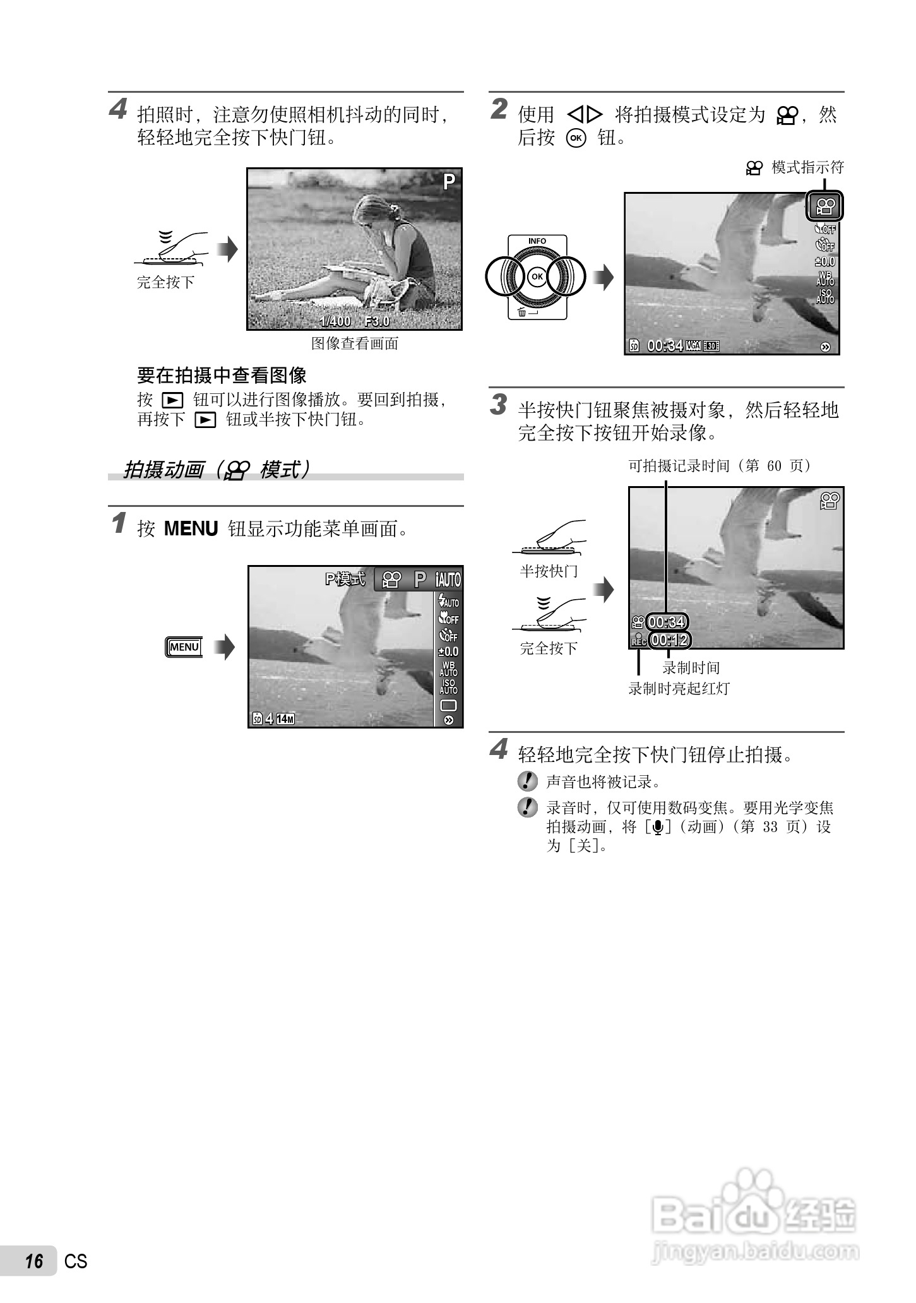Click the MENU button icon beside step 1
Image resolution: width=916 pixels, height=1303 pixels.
tap(184, 647)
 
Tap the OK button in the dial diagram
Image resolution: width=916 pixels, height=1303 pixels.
tap(537, 277)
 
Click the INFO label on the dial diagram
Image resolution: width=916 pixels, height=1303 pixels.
tap(537, 241)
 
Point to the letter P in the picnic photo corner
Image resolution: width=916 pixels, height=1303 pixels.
tap(449, 182)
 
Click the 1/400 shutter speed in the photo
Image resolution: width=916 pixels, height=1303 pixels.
tap(335, 321)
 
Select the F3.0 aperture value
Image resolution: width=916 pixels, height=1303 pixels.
tap(378, 321)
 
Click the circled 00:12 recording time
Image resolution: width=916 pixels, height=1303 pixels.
tap(669, 640)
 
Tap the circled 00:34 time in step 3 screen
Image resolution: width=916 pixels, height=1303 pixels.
tap(666, 622)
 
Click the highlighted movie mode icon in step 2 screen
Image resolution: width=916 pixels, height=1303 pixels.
tap(825, 206)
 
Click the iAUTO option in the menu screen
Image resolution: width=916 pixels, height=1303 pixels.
tap(448, 580)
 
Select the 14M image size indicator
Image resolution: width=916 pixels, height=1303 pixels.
tap(285, 719)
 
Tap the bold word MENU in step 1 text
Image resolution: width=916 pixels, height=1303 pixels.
tap(191, 529)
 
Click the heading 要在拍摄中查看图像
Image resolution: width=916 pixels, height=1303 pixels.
tap(222, 376)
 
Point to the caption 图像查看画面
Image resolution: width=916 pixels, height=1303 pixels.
tap(355, 344)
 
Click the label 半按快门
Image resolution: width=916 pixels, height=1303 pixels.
tap(549, 571)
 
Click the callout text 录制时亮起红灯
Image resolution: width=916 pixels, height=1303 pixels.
tap(679, 689)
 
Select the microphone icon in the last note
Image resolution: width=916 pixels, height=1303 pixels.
tap(658, 827)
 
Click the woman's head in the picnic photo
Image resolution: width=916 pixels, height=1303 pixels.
tap(372, 211)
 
